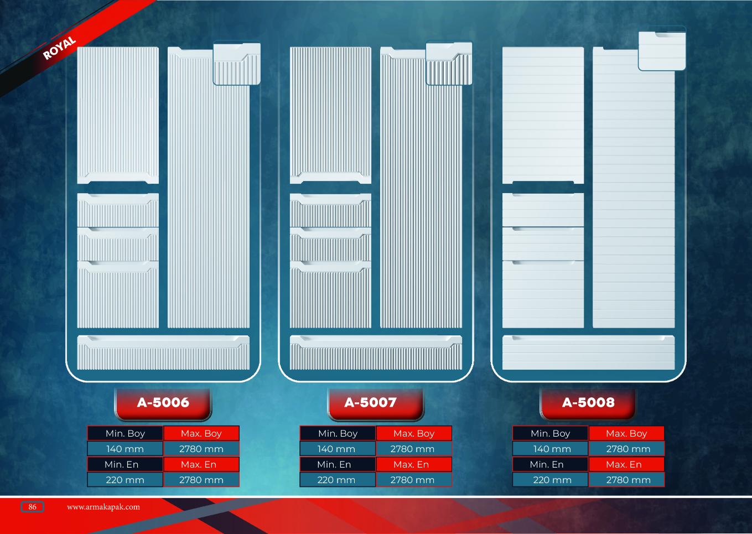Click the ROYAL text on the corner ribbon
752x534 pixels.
click(x=59, y=48)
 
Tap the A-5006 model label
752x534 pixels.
click(x=163, y=403)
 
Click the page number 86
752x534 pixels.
click(x=32, y=507)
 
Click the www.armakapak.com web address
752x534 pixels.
click(x=103, y=507)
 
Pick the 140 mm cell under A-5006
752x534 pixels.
click(x=125, y=449)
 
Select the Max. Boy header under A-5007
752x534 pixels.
click(x=414, y=433)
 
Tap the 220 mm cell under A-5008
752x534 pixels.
click(x=552, y=480)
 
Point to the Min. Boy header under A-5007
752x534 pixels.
click(x=338, y=433)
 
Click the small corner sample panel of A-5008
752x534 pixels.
click(x=662, y=51)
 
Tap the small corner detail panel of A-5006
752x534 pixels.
click(x=237, y=64)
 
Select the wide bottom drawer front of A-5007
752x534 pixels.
click(x=376, y=352)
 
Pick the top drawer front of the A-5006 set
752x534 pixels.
click(x=118, y=210)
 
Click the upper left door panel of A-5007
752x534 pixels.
click(x=330, y=115)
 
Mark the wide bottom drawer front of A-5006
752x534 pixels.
click(x=163, y=352)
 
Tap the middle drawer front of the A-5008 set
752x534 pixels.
click(x=543, y=243)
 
